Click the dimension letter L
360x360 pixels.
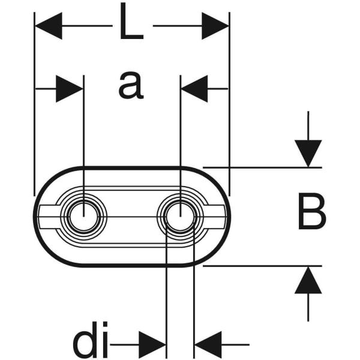click(x=131, y=21)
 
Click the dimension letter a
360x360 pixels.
click(x=131, y=85)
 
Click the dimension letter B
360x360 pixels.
click(x=312, y=211)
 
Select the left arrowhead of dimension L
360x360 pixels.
click(x=49, y=26)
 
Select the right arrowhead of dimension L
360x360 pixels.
click(x=215, y=26)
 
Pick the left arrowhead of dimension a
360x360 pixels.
click(x=69, y=88)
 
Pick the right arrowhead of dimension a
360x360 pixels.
click(x=194, y=88)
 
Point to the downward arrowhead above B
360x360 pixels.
click(x=308, y=154)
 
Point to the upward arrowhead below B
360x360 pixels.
click(x=308, y=280)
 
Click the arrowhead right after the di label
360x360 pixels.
click(x=152, y=344)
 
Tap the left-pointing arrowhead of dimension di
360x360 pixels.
click(x=208, y=344)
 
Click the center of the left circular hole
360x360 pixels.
click(x=83, y=217)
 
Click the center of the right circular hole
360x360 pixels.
click(x=180, y=217)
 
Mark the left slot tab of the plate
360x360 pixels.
click(x=49, y=217)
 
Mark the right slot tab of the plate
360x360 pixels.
click(x=215, y=217)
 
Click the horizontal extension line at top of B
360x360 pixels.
click(x=262, y=167)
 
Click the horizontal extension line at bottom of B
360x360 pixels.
click(x=262, y=266)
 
